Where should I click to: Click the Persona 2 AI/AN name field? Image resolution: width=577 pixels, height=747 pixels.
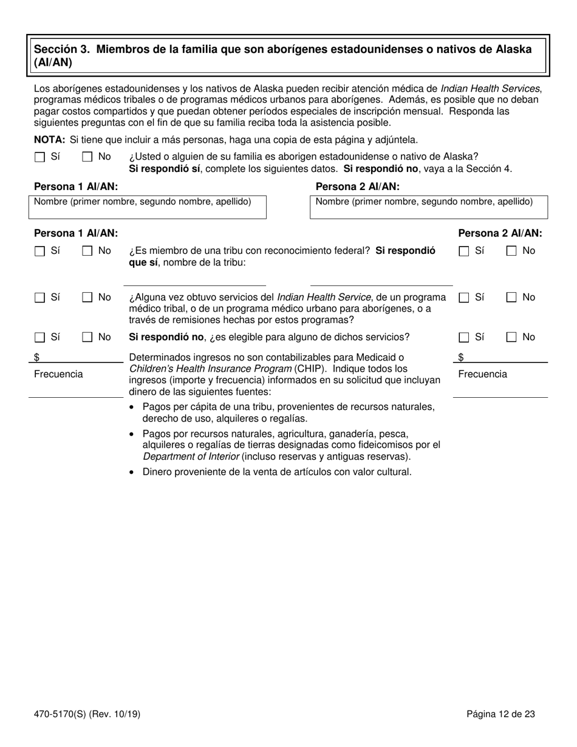(429, 211)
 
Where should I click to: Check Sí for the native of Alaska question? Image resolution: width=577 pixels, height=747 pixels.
(40, 157)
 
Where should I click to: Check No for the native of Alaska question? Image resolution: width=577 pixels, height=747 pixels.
(87, 157)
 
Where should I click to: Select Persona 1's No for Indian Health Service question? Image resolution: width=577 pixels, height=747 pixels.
(87, 298)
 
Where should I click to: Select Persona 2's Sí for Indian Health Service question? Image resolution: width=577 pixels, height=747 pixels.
(465, 298)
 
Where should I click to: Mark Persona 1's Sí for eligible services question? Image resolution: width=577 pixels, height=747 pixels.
(40, 338)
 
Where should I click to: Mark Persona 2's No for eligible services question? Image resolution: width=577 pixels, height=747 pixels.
(511, 338)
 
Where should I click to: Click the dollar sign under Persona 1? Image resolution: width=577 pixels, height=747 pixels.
(37, 358)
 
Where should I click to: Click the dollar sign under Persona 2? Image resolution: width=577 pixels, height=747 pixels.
(461, 358)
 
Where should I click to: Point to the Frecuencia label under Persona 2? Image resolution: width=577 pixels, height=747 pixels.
(482, 375)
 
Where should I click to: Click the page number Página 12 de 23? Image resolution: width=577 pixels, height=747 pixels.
(500, 715)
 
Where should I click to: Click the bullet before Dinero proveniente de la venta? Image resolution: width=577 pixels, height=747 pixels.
(132, 472)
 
